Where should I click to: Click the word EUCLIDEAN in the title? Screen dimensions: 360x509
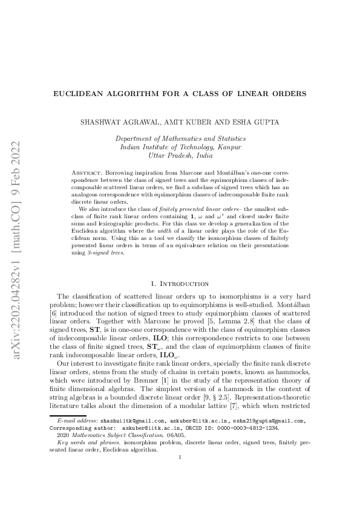(76, 94)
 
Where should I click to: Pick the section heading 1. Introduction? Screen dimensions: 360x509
(180, 283)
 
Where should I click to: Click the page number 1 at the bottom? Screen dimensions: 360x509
(180, 491)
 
